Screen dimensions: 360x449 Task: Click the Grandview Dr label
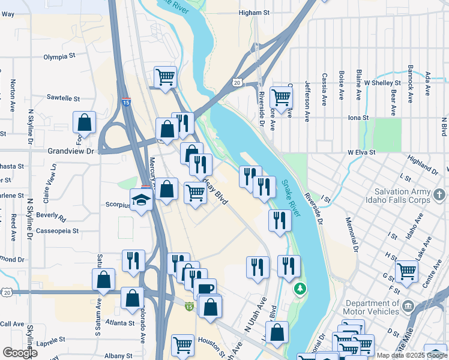tap(71, 152)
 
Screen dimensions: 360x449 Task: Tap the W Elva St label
tap(361, 153)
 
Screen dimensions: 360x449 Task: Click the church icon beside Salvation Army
tap(439, 195)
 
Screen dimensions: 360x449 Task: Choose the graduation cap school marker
tap(142, 199)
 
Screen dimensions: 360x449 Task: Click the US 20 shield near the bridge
tap(238, 82)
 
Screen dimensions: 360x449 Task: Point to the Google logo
tap(20, 353)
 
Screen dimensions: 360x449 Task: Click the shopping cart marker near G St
tap(407, 271)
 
